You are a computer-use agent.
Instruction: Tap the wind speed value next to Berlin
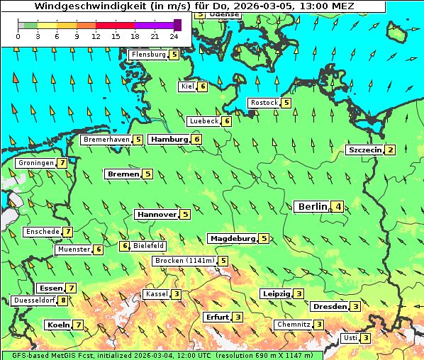(339, 207)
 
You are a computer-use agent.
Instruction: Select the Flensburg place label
(148, 55)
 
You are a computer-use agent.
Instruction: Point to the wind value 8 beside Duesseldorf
(64, 300)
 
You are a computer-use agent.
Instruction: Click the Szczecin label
(365, 150)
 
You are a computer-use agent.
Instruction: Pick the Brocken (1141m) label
(184, 261)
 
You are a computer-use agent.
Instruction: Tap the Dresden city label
(329, 307)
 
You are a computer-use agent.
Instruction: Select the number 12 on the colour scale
(96, 35)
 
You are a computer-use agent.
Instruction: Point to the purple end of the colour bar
(177, 25)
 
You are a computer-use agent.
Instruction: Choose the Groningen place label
(36, 163)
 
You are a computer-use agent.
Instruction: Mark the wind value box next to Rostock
(286, 103)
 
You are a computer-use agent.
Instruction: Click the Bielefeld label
(149, 246)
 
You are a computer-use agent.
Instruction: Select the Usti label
(350, 338)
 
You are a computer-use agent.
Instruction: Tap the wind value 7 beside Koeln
(79, 325)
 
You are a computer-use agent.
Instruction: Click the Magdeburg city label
(232, 239)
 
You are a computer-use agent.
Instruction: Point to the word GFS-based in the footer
(25, 355)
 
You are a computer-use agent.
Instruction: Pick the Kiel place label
(187, 86)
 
